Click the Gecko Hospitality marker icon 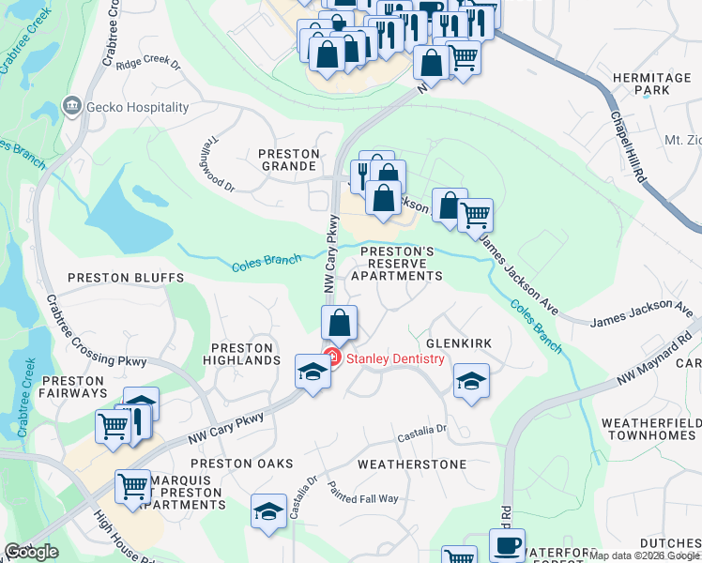72,108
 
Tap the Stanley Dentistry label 395,358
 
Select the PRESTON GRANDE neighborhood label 288,160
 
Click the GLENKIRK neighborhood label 459,344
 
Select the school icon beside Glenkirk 471,380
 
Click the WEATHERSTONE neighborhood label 412,464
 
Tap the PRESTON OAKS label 242,464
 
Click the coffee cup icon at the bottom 507,546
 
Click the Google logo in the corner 31,553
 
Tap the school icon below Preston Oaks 268,511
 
